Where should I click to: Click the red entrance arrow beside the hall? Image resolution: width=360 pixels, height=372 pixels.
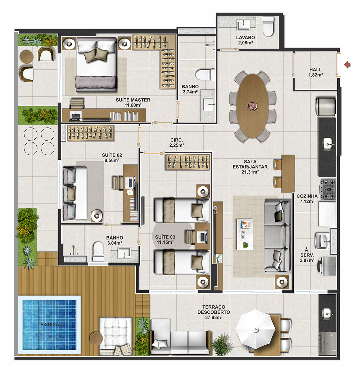pyautogui.click(x=347, y=64)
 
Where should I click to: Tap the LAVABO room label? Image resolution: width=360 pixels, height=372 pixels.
pyautogui.click(x=246, y=37)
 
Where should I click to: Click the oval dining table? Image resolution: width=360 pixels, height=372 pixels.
pyautogui.click(x=252, y=106)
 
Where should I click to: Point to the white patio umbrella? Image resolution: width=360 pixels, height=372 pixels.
pyautogui.click(x=256, y=329)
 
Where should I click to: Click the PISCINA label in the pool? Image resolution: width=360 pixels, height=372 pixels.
pyautogui.click(x=50, y=324)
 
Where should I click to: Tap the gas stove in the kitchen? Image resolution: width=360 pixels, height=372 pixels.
pyautogui.click(x=328, y=189)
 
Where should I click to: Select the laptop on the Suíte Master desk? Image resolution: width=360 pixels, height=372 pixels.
pyautogui.click(x=76, y=115)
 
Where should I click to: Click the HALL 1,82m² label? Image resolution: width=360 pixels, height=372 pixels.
pyautogui.click(x=316, y=72)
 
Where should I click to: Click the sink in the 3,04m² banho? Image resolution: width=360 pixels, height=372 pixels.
pyautogui.click(x=124, y=253)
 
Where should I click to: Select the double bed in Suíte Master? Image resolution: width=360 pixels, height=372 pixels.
pyautogui.click(x=96, y=64)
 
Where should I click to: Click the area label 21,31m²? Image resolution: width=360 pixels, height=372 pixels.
pyautogui.click(x=250, y=172)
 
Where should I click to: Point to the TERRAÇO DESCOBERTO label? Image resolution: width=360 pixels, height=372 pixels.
pyautogui.click(x=214, y=310)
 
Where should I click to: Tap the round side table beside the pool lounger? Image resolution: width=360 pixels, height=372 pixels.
pyautogui.click(x=96, y=338)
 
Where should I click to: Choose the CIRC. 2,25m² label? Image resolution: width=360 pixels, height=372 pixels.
pyautogui.click(x=177, y=142)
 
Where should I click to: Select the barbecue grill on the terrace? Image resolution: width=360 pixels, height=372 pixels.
pyautogui.click(x=328, y=343)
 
